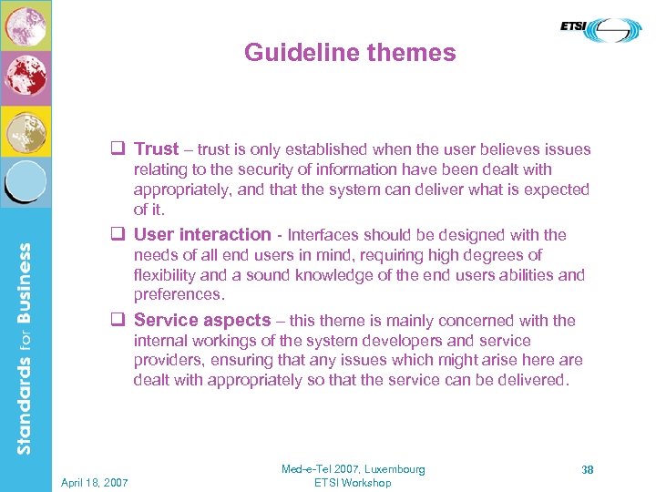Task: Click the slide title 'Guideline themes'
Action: (350, 53)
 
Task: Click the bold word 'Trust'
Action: (157, 149)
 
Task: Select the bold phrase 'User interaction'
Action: (202, 235)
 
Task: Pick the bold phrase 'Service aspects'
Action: (202, 320)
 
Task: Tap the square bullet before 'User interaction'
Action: (117, 235)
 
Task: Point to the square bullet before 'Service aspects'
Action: (117, 320)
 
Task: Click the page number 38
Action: (588, 469)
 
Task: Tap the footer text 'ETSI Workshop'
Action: (353, 483)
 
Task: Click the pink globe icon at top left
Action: (26, 25)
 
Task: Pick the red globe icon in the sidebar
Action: (26, 77)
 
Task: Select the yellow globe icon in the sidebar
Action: (26, 132)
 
